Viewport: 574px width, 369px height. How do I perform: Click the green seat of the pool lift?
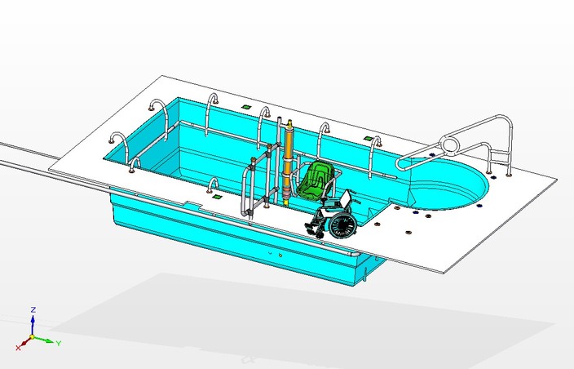click(x=315, y=181)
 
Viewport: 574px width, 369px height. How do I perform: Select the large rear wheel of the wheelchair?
click(x=342, y=225)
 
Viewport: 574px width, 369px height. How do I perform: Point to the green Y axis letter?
click(x=60, y=343)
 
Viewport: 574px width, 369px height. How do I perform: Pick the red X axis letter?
click(x=18, y=347)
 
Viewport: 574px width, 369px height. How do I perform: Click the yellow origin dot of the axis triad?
click(x=32, y=337)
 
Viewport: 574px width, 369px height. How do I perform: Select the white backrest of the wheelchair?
click(x=346, y=199)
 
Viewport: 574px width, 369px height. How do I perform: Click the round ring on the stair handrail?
click(x=449, y=147)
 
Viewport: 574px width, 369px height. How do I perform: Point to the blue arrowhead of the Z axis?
click(x=32, y=320)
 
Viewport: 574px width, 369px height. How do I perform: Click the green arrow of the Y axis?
click(x=47, y=340)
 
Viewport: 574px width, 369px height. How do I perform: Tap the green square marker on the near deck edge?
click(x=216, y=196)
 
